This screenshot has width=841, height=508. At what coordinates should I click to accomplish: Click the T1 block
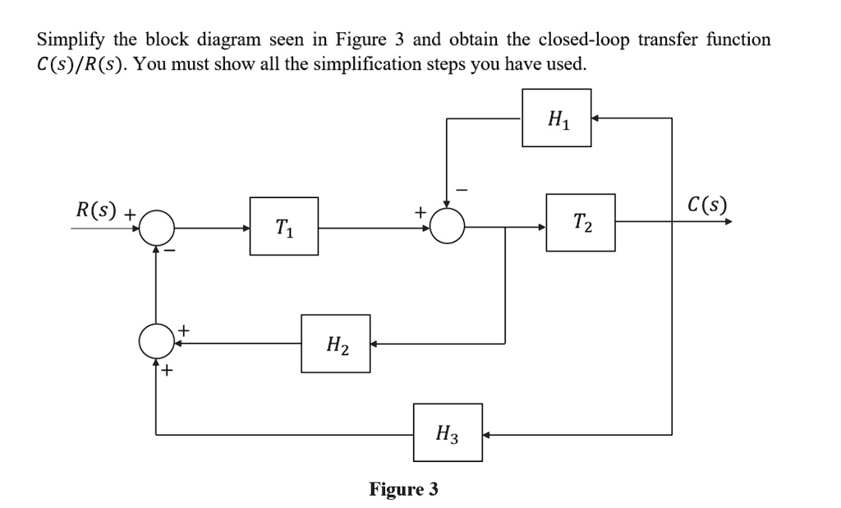click(284, 226)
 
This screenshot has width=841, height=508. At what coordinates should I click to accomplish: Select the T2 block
click(580, 222)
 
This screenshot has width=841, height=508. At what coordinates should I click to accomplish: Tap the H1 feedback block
click(556, 118)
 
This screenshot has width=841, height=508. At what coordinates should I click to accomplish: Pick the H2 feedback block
click(335, 344)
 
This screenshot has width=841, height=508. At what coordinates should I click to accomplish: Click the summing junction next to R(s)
click(156, 228)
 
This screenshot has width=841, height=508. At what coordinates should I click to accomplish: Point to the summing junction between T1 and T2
click(447, 227)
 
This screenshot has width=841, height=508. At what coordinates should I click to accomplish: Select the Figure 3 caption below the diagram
click(403, 490)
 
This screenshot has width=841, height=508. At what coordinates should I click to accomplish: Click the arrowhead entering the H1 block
click(596, 118)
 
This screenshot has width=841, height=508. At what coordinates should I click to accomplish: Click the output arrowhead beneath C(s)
click(726, 222)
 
